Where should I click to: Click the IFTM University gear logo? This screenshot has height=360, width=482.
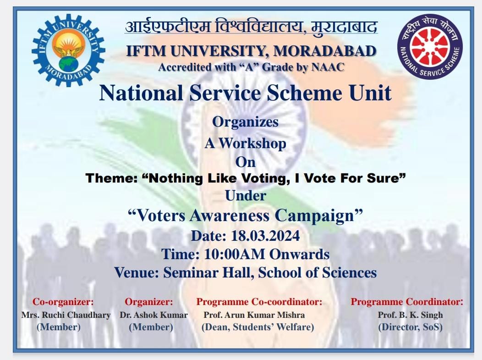pyautogui.click(x=68, y=50)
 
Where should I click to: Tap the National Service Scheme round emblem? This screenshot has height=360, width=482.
pyautogui.click(x=430, y=46)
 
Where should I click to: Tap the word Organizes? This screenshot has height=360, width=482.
pyautogui.click(x=245, y=122)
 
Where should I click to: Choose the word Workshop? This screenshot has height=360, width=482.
pyautogui.click(x=252, y=144)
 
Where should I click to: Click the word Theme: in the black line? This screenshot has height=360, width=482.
pyautogui.click(x=112, y=178)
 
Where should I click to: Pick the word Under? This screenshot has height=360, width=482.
pyautogui.click(x=245, y=196)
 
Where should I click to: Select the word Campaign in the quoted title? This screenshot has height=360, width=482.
pyautogui.click(x=318, y=216)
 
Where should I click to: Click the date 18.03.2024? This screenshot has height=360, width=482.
pyautogui.click(x=265, y=236)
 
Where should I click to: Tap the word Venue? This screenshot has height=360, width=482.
pyautogui.click(x=137, y=272)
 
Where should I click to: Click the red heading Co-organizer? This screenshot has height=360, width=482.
pyautogui.click(x=63, y=302)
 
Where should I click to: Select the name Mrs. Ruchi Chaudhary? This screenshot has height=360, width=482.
pyautogui.click(x=66, y=315)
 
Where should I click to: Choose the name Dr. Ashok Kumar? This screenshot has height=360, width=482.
pyautogui.click(x=153, y=315)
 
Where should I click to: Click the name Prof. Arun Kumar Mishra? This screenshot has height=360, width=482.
pyautogui.click(x=254, y=315)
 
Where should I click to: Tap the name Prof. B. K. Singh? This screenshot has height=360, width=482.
pyautogui.click(x=410, y=315)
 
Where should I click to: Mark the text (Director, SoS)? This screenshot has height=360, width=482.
pyautogui.click(x=410, y=327)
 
